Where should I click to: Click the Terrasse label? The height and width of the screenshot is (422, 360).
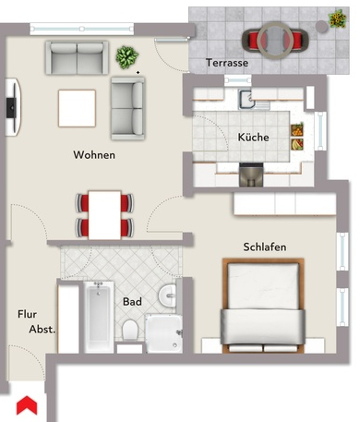[x=228, y=64]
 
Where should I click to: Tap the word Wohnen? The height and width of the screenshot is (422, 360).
[x=94, y=155]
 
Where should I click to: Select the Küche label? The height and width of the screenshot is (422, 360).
[x=253, y=137]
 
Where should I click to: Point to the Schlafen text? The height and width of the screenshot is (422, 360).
[x=264, y=247]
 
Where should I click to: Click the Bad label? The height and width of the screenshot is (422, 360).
[x=131, y=301]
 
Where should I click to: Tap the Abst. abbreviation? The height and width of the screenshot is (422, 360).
[x=42, y=329]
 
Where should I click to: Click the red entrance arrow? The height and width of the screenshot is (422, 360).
[x=27, y=404]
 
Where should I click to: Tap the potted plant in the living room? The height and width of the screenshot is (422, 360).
[x=125, y=57]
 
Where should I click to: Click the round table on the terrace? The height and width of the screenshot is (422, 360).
[x=273, y=40]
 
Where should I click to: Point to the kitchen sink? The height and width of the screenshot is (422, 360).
[x=247, y=101]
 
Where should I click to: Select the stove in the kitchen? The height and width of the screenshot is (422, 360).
[x=251, y=174]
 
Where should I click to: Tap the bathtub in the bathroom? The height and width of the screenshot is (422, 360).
[x=95, y=317]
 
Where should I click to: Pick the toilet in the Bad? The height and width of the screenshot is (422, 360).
[x=131, y=332]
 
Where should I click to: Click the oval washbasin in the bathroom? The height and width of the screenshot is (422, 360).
[x=167, y=295]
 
